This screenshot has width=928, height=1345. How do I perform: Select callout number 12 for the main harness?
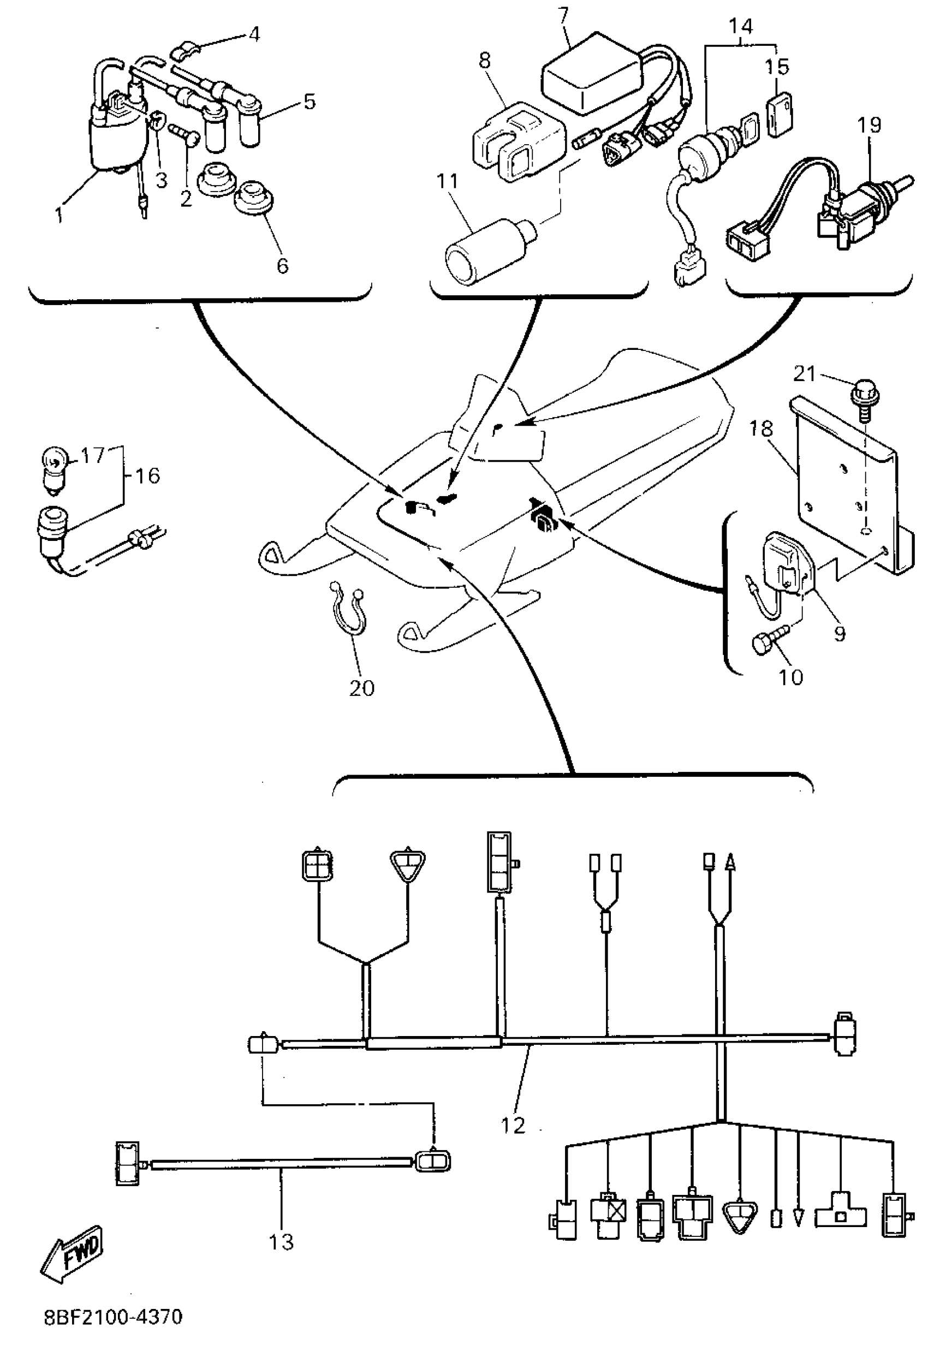tap(512, 1125)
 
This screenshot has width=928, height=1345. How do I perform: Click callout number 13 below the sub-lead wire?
tap(281, 1241)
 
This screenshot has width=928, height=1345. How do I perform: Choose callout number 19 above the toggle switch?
tap(869, 124)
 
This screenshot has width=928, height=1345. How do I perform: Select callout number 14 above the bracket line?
tap(741, 26)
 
